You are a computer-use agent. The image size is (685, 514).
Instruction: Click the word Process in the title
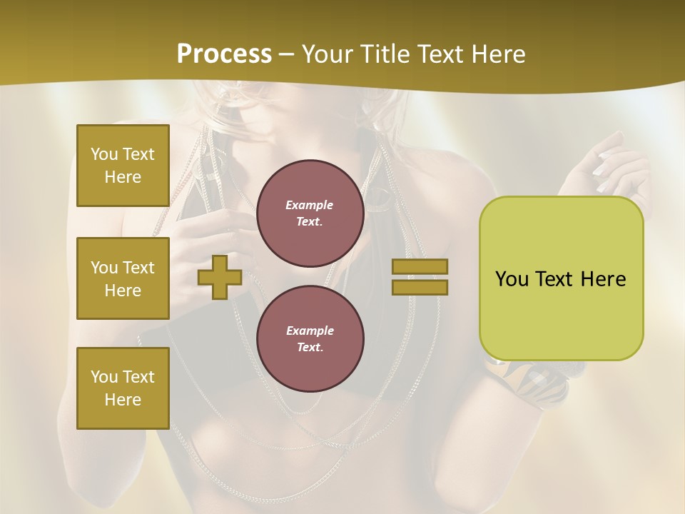point(224,54)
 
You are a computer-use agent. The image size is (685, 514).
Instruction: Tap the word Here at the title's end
point(495,54)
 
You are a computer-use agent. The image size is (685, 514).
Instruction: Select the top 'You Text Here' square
point(123,166)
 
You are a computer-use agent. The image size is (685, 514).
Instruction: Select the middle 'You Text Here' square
point(123,278)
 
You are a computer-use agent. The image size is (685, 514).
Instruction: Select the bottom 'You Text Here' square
point(123,388)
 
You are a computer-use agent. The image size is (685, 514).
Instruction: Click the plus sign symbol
point(220,277)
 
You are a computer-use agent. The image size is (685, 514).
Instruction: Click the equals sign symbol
point(420,277)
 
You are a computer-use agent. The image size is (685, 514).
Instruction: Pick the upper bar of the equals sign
point(420,267)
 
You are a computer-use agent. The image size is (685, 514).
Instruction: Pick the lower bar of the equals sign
point(420,287)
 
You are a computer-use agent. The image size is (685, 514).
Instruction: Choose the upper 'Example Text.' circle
point(310,213)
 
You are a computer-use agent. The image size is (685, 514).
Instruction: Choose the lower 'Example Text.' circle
point(310,338)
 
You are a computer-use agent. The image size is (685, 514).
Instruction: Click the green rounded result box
point(561,278)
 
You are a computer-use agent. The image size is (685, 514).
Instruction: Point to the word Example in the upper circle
point(310,206)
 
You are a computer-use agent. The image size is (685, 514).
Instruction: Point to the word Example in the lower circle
point(310,331)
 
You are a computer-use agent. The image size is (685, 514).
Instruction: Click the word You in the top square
point(104,154)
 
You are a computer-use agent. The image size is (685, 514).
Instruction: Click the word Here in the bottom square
point(123,400)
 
